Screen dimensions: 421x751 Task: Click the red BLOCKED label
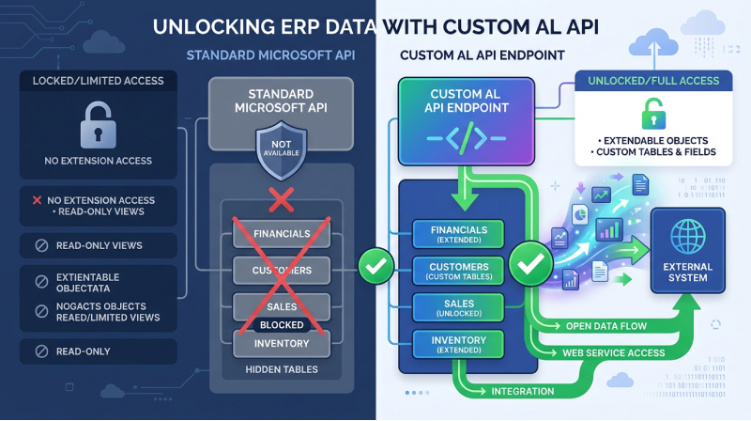click(x=282, y=325)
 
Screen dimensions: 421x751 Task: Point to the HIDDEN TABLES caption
click(x=282, y=369)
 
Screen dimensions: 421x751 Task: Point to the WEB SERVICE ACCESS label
click(x=613, y=352)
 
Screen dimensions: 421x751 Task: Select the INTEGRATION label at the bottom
click(x=524, y=390)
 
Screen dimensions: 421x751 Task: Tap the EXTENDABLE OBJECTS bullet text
click(x=653, y=139)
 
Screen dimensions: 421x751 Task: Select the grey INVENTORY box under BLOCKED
click(x=282, y=344)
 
